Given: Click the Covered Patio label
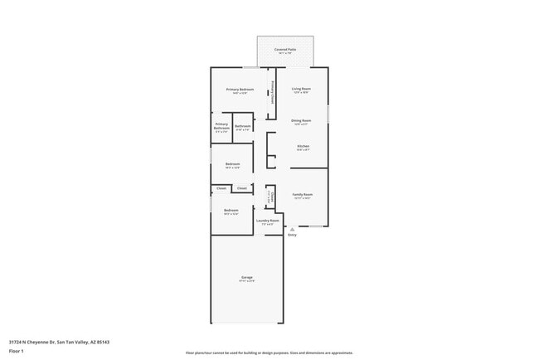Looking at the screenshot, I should pos(285,49).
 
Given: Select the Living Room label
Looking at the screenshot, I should pos(301,89).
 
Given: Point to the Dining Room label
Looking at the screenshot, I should pos(301,121).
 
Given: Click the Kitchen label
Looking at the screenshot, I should pos(303,147).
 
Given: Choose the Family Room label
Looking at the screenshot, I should pos(302,195).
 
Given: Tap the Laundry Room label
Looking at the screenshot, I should pos(267,221).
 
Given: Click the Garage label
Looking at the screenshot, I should pos(247,277).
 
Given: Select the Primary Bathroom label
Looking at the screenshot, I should pos(221,127).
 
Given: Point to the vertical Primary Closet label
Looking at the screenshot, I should pos(273,90).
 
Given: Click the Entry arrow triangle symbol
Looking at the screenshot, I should pos(292,229).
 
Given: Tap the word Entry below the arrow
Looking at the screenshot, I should pos(292,236).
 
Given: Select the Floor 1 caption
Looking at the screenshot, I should pos(17,351).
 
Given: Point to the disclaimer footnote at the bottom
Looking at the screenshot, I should pos(269,353).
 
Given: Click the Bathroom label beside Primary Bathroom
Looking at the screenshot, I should pos(243,126).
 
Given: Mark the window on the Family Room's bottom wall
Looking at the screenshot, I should pos(316,226).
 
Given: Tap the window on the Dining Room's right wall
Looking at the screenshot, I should pos(328,112).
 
